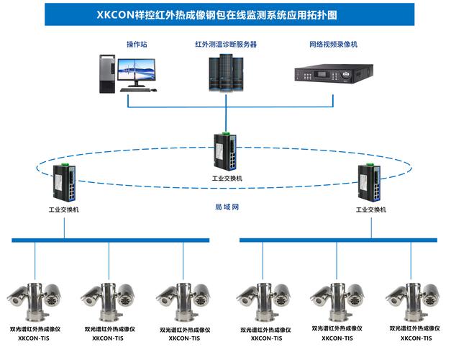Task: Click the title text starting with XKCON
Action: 225,14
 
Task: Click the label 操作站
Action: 137,45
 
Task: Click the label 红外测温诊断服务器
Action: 225,45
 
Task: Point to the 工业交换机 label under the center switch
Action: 228,178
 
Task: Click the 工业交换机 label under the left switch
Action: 64,210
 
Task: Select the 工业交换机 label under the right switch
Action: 371,210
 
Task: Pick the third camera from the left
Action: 185,297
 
